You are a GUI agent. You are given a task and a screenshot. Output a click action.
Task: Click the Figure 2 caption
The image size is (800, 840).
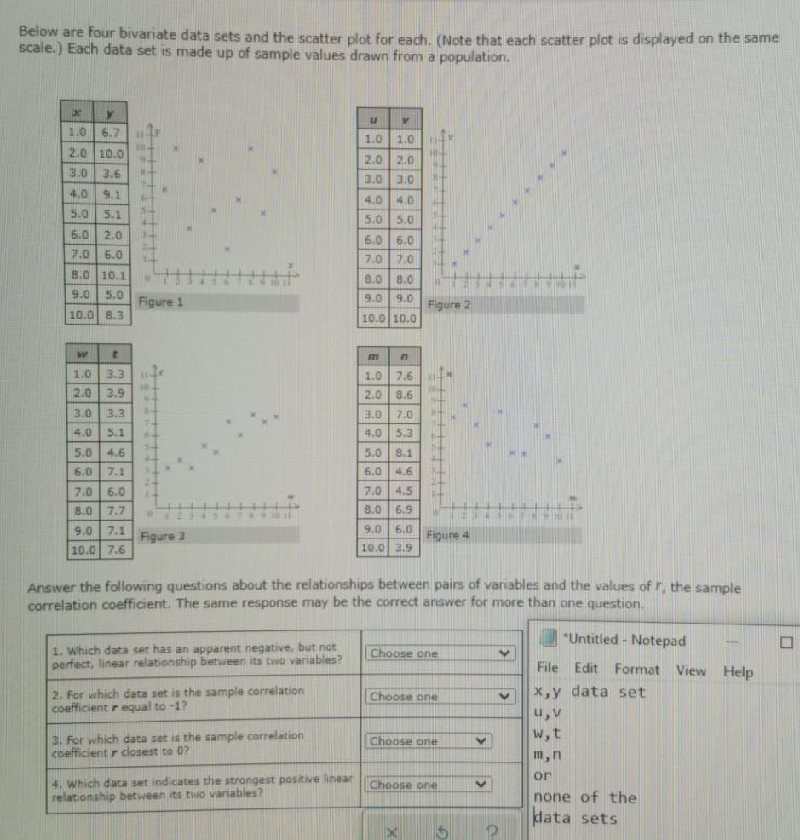pos(448,304)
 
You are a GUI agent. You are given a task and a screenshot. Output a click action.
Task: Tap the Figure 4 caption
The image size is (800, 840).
pos(448,535)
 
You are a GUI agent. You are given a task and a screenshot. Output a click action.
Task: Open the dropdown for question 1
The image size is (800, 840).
pos(440,653)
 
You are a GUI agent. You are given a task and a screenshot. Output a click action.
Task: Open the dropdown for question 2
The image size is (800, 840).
pos(440,697)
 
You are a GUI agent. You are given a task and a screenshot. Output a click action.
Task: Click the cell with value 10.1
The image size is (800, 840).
pos(112,276)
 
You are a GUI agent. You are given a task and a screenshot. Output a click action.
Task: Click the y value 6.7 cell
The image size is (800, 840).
pos(112,135)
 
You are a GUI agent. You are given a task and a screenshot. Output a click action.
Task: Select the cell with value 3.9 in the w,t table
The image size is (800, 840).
pos(112,393)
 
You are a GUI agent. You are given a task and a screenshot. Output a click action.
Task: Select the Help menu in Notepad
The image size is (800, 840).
pos(738,671)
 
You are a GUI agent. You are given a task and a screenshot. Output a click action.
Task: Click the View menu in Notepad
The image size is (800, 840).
pos(691,670)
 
